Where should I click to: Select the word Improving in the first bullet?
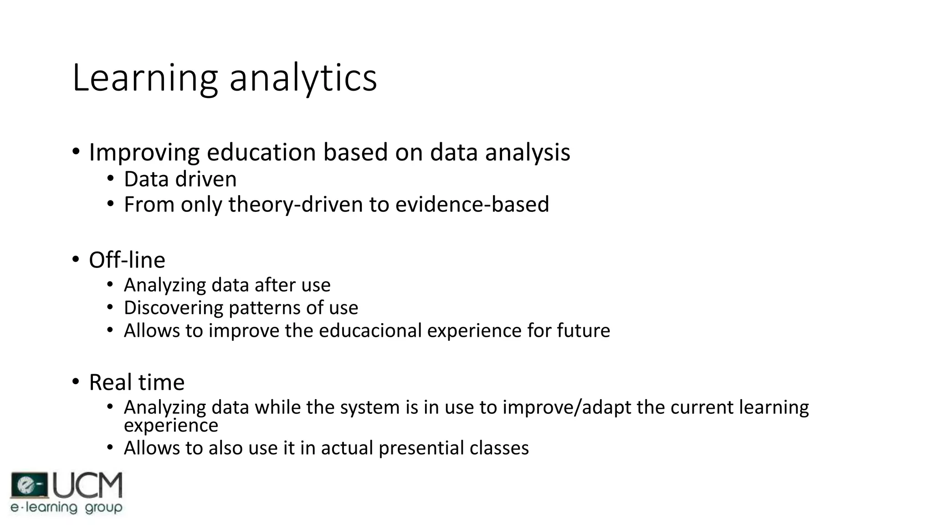click(144, 153)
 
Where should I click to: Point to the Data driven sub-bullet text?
click(180, 179)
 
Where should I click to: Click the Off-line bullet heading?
click(127, 260)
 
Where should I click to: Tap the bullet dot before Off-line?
click(76, 260)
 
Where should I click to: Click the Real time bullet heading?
click(137, 382)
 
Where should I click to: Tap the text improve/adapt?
click(566, 407)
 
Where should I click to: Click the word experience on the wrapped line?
click(171, 426)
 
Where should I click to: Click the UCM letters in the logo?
click(88, 485)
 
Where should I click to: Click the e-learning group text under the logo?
click(67, 507)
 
